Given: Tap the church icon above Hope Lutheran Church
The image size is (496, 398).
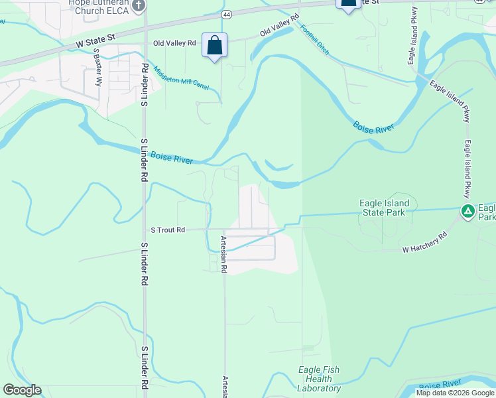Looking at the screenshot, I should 139,6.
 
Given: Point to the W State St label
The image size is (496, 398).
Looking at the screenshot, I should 97,41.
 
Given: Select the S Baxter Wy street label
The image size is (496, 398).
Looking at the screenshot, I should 97,67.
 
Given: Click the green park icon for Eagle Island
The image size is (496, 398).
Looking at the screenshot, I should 467,212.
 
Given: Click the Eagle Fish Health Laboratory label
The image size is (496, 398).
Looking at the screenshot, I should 319,379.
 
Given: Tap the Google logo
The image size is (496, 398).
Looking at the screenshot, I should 22,390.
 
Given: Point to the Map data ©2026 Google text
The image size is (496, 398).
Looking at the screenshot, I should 455,393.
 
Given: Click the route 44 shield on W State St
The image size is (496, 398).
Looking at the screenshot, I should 227,13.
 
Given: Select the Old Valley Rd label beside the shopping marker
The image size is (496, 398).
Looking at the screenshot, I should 174,43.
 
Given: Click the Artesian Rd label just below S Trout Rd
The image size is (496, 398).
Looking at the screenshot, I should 223,255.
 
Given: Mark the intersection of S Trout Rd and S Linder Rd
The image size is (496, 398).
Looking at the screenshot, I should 144,230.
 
